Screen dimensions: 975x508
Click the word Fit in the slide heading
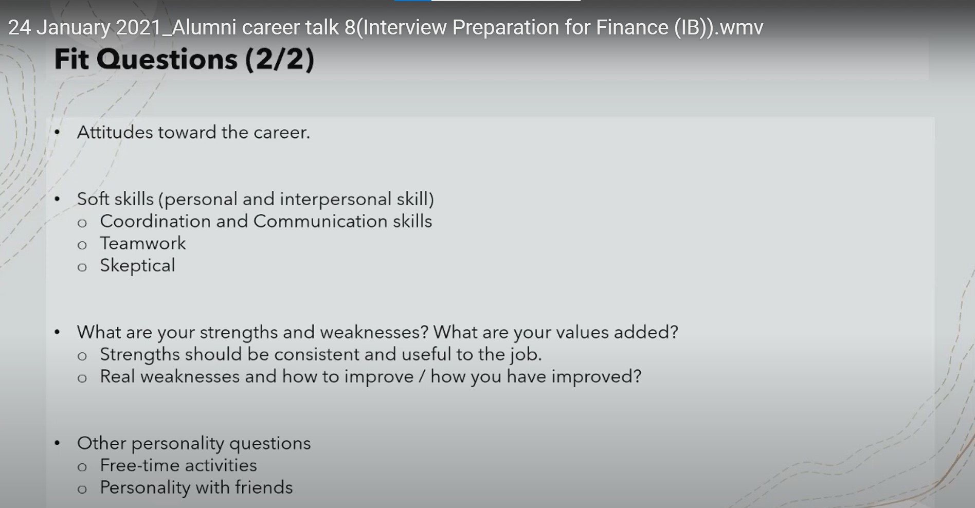pos(71,59)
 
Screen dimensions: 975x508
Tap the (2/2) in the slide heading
pos(279,60)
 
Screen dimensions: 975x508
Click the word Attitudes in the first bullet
pos(115,132)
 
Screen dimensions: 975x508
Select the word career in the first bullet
pos(282,133)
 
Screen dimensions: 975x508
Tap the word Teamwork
pos(143,243)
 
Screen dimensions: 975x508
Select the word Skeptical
pos(137,266)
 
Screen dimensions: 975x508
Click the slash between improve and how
pos(422,377)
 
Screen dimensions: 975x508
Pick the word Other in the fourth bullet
pos(101,443)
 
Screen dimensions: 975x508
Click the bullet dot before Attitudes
pos(57,133)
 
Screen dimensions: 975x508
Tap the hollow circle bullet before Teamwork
pos(82,245)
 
